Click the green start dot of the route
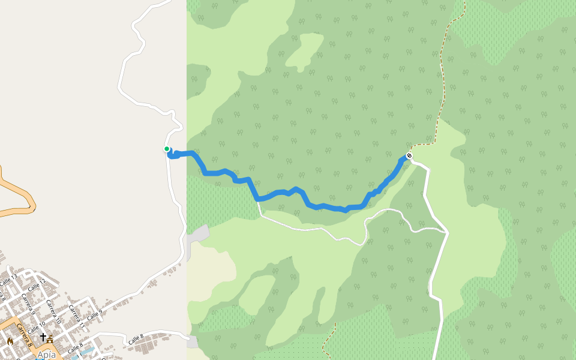pos(167,149)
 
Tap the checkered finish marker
pos(409,156)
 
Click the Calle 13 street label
pos(8,280)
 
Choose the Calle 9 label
pos(95,314)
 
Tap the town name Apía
pos(46,355)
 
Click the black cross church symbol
pos(43,337)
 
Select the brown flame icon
pos(10,341)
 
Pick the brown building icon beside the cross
pos(50,339)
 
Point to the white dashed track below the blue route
pos(312,229)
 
